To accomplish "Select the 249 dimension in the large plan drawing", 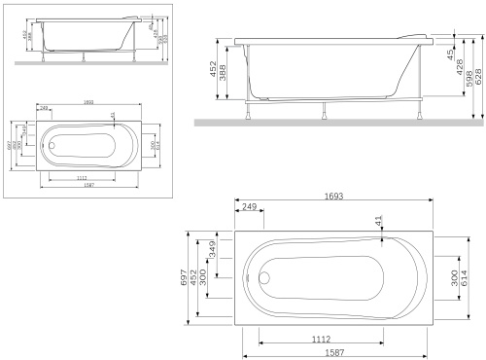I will [249, 208].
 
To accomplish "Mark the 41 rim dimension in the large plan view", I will [379, 223].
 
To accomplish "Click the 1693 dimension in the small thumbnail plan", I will [88, 101].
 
